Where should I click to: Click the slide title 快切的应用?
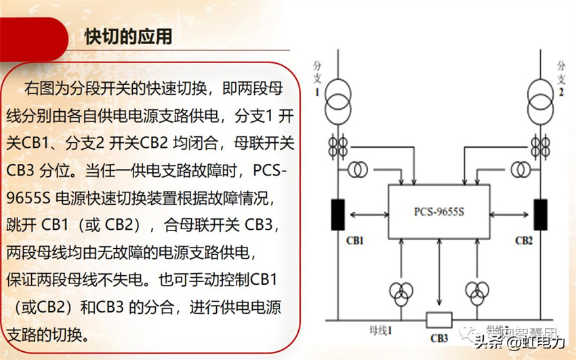tap(128, 36)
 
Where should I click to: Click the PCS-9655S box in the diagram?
tap(439, 212)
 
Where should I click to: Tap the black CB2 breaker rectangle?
tap(540, 214)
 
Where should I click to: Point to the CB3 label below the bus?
tap(438, 338)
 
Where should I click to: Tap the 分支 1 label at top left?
tap(317, 77)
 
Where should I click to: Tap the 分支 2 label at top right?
tap(561, 77)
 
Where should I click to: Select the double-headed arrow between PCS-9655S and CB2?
tap(510, 215)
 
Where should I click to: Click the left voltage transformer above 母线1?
tap(400, 292)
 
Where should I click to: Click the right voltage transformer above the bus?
tap(477, 292)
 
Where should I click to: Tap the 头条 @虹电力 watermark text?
tap(518, 342)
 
